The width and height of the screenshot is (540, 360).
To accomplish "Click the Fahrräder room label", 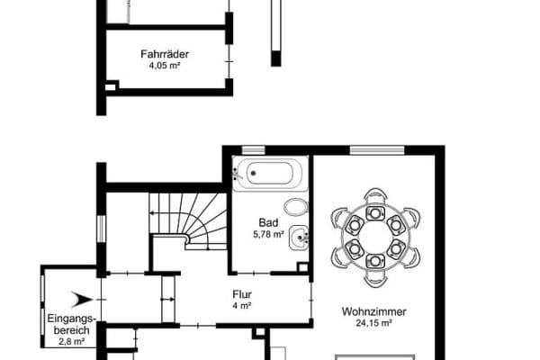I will (x=164, y=54).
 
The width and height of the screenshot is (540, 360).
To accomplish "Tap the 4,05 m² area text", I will (x=164, y=66).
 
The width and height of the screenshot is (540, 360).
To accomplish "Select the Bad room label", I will (x=267, y=223).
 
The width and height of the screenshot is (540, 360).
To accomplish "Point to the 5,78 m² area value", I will (x=267, y=235).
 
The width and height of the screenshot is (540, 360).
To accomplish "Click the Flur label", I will (x=241, y=293).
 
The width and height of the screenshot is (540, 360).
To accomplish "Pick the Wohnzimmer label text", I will (x=373, y=313).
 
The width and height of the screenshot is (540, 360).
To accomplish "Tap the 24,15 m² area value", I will (x=373, y=325).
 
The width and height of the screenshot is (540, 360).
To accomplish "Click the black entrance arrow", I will (x=85, y=299).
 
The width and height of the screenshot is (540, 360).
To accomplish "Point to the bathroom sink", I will (x=303, y=238).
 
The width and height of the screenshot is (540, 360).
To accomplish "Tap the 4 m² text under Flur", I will (x=241, y=305).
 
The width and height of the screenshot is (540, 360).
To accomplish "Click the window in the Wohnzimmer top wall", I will (x=375, y=150).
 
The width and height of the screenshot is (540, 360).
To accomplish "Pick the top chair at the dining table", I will (x=374, y=198).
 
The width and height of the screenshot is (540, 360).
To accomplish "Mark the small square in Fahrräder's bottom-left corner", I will (x=111, y=85).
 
